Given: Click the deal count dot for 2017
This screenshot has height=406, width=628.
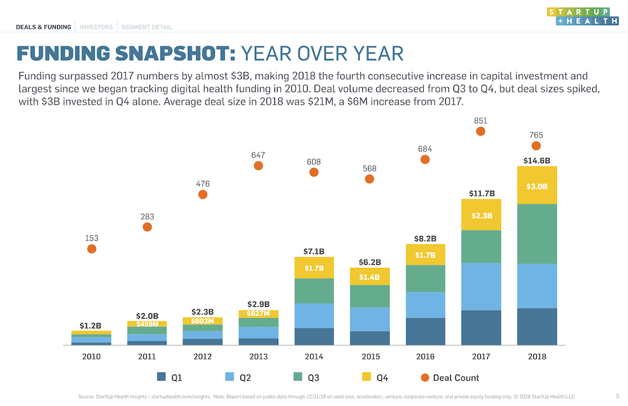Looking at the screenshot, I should click(x=480, y=131).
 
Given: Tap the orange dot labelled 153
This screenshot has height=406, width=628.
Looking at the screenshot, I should click(x=92, y=248).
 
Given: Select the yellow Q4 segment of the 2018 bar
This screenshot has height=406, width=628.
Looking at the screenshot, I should click(x=536, y=186).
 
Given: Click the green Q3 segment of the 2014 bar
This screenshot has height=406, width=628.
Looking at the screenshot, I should click(x=314, y=291).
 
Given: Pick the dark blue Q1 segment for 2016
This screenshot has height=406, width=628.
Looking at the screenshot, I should click(x=425, y=331).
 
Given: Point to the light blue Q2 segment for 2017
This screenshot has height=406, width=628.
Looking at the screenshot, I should click(x=480, y=286).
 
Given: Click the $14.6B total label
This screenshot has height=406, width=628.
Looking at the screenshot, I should click(x=536, y=161).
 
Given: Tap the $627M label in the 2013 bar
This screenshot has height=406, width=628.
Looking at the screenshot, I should click(x=258, y=314).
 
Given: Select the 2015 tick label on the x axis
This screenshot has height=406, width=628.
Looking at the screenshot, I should click(x=370, y=356).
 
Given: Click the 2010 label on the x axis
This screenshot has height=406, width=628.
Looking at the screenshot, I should click(x=92, y=356).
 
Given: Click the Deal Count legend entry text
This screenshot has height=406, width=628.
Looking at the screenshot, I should click(x=455, y=378).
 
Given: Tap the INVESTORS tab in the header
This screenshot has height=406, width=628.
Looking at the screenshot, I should click(x=96, y=27).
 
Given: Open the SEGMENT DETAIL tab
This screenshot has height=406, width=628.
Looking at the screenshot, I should click(x=146, y=27).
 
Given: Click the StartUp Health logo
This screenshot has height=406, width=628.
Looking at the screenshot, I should click(x=582, y=16).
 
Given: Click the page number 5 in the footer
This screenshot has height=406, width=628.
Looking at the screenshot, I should click(x=617, y=396).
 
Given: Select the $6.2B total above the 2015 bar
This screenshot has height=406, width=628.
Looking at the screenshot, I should click(x=370, y=262).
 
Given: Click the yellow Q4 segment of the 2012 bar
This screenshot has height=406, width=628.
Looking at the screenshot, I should click(x=203, y=321).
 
